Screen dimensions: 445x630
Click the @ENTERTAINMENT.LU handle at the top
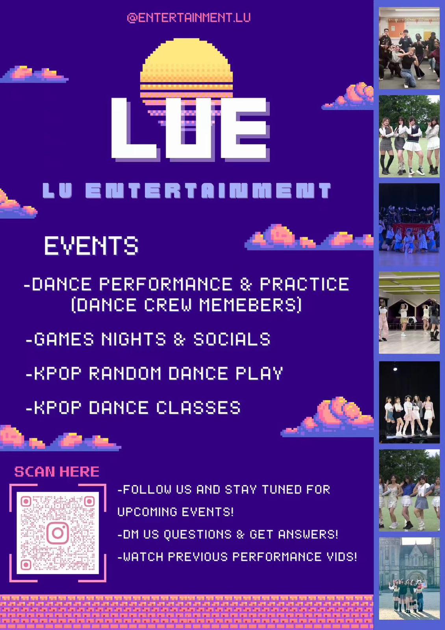click(x=189, y=18)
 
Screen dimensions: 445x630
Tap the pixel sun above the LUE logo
click(x=187, y=70)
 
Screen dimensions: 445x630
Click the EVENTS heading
click(x=91, y=246)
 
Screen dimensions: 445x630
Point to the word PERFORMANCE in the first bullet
click(x=166, y=284)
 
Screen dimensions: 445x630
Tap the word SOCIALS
click(x=232, y=339)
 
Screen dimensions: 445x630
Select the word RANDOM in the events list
click(x=125, y=373)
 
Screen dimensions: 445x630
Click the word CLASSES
click(x=198, y=408)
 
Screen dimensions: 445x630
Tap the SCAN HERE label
click(x=57, y=472)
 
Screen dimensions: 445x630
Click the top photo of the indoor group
click(x=409, y=48)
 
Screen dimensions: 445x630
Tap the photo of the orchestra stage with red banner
click(x=409, y=225)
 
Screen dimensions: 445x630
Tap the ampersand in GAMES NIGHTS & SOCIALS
click(x=180, y=339)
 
